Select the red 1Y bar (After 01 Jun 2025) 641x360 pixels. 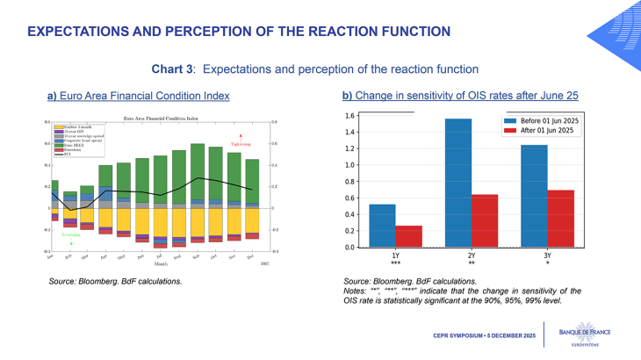tap(408, 236)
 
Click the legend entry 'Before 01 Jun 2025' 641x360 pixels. tap(544, 119)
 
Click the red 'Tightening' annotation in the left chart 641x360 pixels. tap(241, 144)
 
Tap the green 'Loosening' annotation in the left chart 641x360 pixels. tap(70, 235)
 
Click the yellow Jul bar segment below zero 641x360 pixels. tap(160, 221)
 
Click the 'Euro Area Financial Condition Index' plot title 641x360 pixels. tap(160, 116)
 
